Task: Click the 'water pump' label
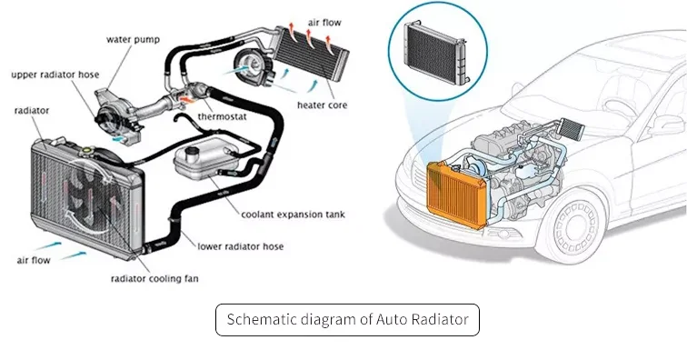click(x=134, y=40)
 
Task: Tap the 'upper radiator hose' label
click(x=55, y=75)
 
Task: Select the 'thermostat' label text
click(x=222, y=116)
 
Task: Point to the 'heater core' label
click(x=322, y=105)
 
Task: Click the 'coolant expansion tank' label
click(x=294, y=215)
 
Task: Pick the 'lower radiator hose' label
click(x=241, y=246)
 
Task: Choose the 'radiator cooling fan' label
click(x=154, y=278)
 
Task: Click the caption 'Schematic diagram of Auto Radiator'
click(x=347, y=319)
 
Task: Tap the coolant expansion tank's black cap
click(x=192, y=151)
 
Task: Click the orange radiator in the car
click(x=456, y=195)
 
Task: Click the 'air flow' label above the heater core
click(x=324, y=23)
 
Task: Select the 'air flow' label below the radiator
click(x=34, y=261)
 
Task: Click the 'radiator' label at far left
click(x=32, y=111)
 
